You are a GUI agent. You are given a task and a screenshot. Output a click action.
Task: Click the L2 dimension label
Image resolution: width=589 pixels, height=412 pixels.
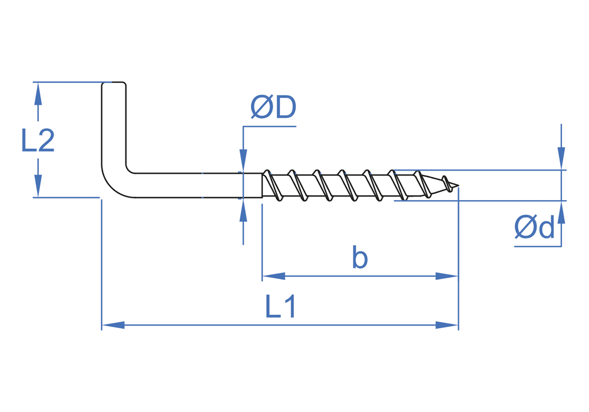pyautogui.click(x=38, y=141)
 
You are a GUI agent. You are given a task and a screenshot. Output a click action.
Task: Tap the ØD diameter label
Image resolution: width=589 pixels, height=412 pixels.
pyautogui.click(x=273, y=108)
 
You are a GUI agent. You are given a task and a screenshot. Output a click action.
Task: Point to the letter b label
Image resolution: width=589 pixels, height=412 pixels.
pyautogui.click(x=359, y=258)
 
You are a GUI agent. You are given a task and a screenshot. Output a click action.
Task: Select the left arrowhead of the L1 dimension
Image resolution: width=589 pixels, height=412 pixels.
pyautogui.click(x=112, y=325)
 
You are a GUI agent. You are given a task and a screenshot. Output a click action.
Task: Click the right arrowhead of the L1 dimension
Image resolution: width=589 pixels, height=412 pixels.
pyautogui.click(x=447, y=325)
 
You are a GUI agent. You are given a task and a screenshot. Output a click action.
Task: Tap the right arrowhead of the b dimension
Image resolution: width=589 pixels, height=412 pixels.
pyautogui.click(x=447, y=275)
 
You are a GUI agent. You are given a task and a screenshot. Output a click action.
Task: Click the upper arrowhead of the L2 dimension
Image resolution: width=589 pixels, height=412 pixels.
pyautogui.click(x=38, y=93)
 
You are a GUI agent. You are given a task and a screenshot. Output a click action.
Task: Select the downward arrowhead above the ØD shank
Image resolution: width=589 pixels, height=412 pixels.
pyautogui.click(x=243, y=161)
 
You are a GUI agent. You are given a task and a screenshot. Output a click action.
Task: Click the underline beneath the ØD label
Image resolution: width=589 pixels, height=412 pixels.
pyautogui.click(x=269, y=126)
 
